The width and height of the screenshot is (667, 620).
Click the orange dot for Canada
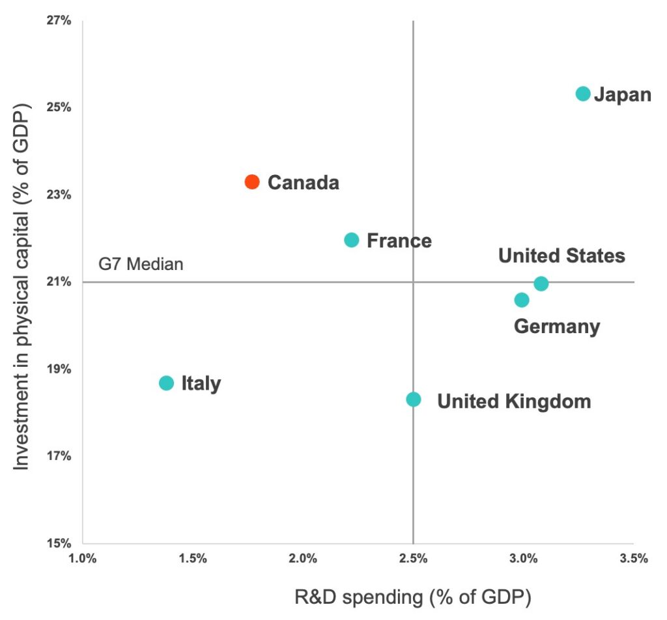pos(252,182)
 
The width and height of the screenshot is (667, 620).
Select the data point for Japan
pos(583,94)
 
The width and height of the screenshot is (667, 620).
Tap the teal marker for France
pos(352,240)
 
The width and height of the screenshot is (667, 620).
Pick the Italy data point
pos(167,383)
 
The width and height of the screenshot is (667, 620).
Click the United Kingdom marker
pos(414,399)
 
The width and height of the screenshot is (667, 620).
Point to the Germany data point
pos(522,300)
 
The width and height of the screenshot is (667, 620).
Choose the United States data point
pos(541,284)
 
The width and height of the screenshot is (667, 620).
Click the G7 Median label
pos(141,265)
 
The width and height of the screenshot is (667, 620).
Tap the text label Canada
pos(304,183)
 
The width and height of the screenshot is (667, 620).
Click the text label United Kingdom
pos(514,401)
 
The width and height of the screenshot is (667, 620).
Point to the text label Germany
pos(557,326)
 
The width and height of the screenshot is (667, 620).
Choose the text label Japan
pos(623,95)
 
